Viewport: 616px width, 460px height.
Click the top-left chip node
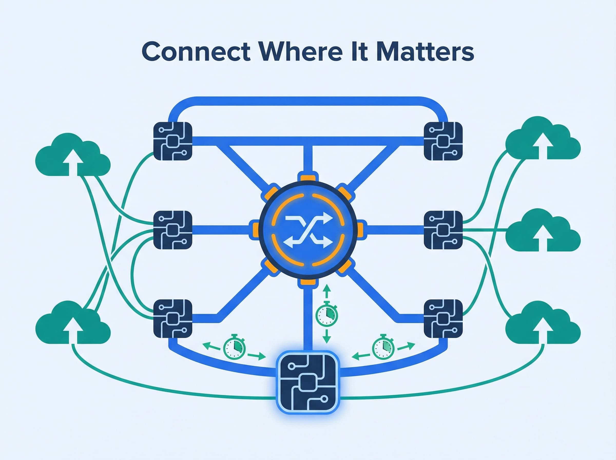tap(173, 141)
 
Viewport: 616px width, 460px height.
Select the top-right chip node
tap(443, 141)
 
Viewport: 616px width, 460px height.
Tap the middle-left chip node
tap(173, 230)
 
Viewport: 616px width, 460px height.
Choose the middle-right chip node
tap(443, 230)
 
